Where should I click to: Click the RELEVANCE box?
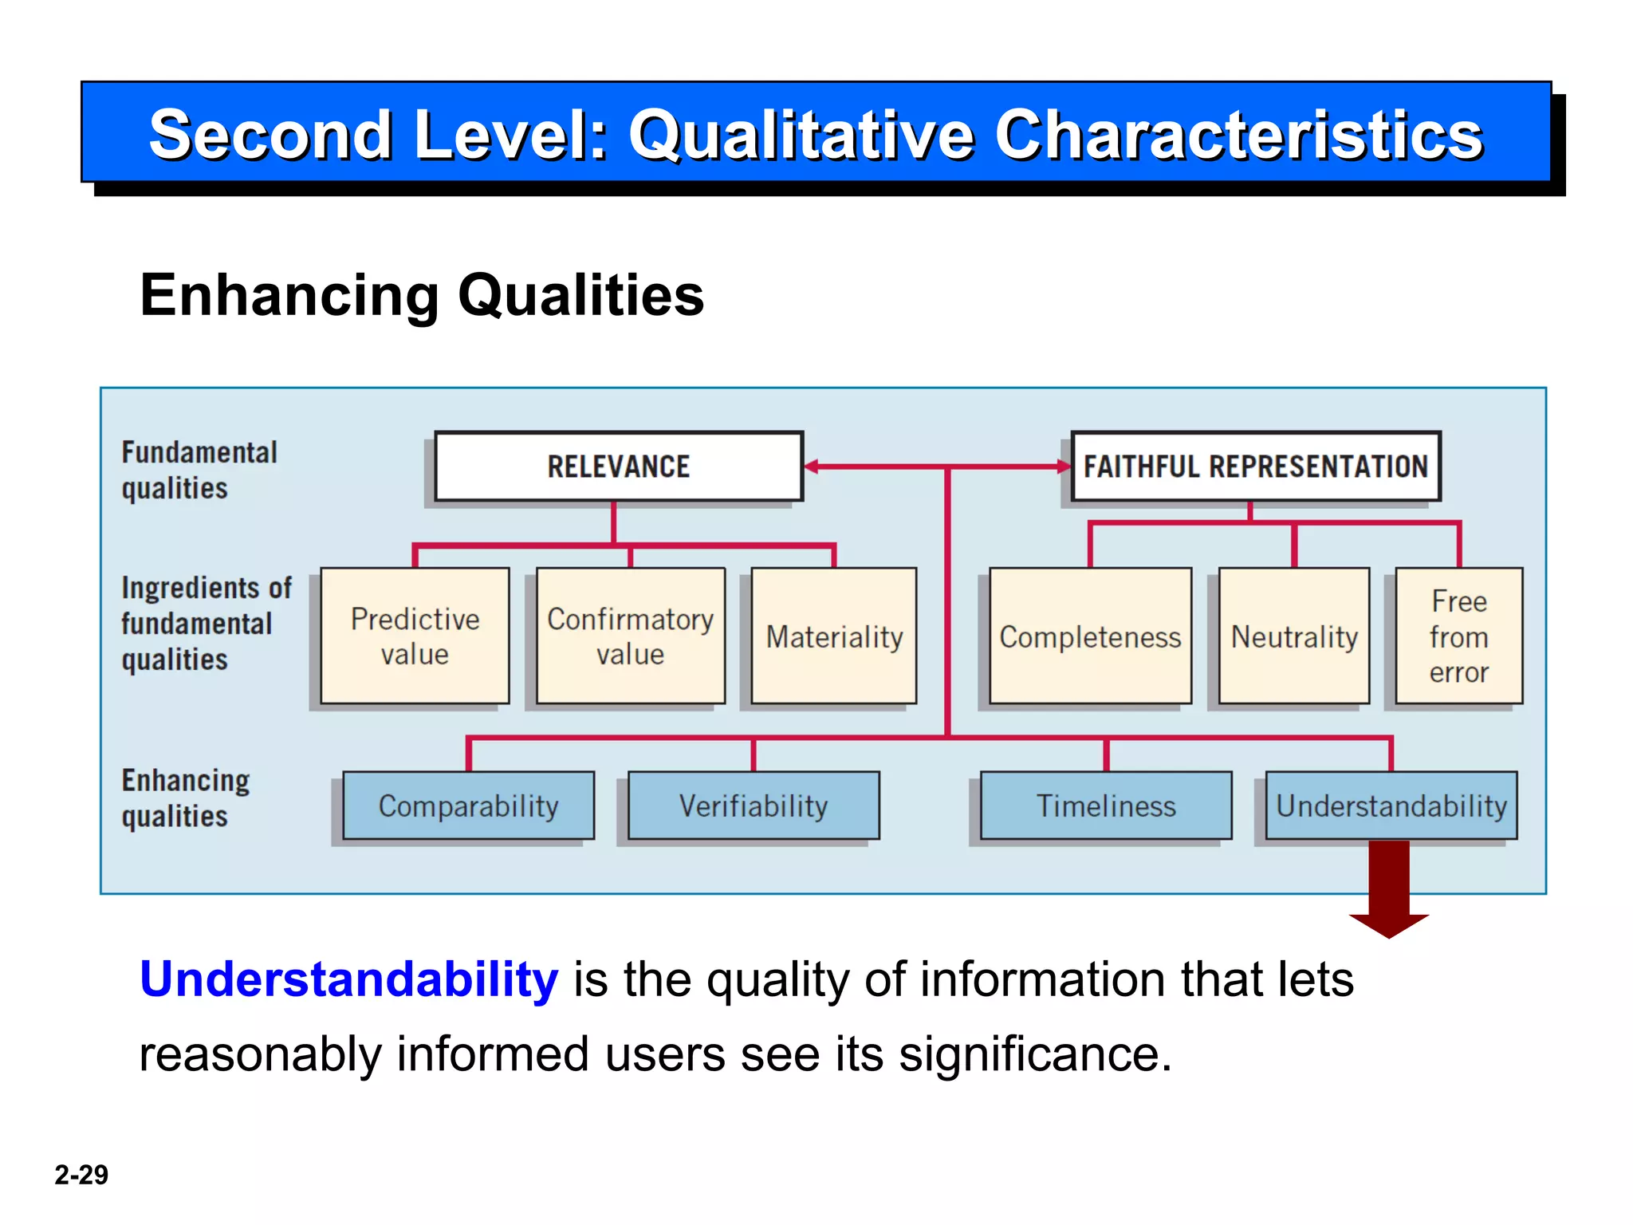[x=619, y=467]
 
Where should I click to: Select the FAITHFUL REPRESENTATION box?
[x=1255, y=467]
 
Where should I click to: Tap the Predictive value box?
[x=415, y=636]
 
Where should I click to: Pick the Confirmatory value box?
[x=630, y=636]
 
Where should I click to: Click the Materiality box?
[x=834, y=636]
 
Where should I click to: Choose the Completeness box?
[x=1090, y=636]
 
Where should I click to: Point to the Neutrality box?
[x=1294, y=636]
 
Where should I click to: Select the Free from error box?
[x=1458, y=636]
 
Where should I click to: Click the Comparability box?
[x=468, y=806]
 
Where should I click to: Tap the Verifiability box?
[x=754, y=806]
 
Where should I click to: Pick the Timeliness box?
[x=1106, y=806]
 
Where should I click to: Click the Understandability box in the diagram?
[x=1391, y=806]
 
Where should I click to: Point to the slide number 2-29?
[x=81, y=1175]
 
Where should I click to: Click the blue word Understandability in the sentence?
[x=348, y=979]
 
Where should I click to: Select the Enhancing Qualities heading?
[x=422, y=295]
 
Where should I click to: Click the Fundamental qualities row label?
[x=199, y=470]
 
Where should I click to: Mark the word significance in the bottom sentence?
[x=1035, y=1054]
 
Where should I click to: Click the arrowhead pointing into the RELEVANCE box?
[x=813, y=467]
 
